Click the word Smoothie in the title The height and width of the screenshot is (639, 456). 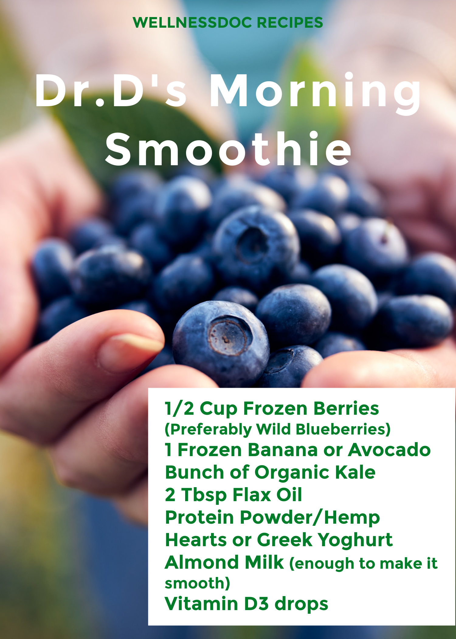[x=228, y=150]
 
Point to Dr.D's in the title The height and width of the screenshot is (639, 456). [x=111, y=91]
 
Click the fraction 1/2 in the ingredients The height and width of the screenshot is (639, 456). [x=179, y=408]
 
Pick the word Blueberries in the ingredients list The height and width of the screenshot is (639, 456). [x=343, y=429]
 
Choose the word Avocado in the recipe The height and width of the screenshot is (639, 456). [x=389, y=450]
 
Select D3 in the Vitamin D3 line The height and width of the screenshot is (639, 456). [x=256, y=604]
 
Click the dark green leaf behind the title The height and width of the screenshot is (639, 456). [x=134, y=128]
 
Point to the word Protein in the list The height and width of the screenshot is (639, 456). [x=200, y=517]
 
